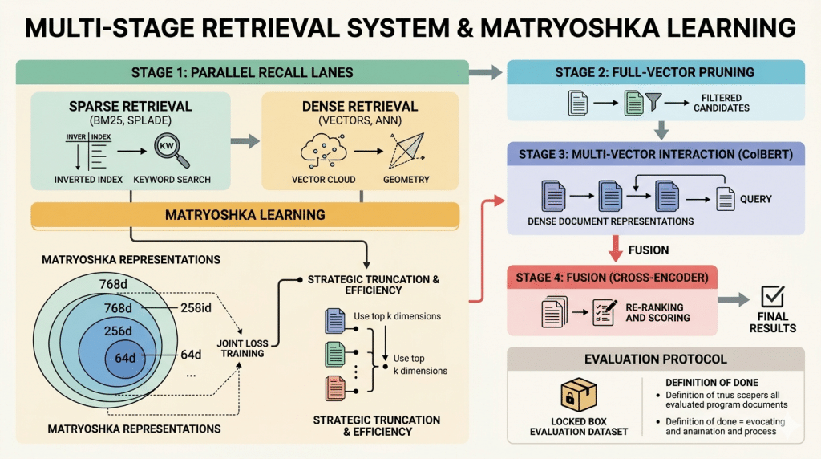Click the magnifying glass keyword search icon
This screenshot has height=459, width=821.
point(172,151)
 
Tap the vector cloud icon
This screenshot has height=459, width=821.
point(324,150)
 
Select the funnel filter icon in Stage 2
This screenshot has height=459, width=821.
point(653,102)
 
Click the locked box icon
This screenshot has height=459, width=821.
point(579,395)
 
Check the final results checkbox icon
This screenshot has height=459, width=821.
point(773,296)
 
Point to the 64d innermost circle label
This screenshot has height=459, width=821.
point(125,358)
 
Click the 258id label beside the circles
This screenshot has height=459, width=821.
point(196,308)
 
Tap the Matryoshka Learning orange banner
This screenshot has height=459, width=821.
point(245,215)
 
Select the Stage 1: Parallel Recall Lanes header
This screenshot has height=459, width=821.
point(242,72)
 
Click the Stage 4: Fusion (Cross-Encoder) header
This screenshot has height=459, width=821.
point(612,278)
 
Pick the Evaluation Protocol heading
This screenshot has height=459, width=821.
point(656,359)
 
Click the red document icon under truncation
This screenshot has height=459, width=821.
point(335,388)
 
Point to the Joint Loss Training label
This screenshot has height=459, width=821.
point(242,348)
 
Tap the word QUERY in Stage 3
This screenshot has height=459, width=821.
point(755,199)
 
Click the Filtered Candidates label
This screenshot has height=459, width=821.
point(722,103)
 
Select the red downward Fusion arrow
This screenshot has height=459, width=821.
point(615,249)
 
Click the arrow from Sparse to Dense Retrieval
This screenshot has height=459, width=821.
point(245,141)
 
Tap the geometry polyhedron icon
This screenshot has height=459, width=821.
point(406,150)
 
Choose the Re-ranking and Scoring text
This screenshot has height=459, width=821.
point(657,312)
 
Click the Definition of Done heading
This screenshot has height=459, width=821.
point(712,383)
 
